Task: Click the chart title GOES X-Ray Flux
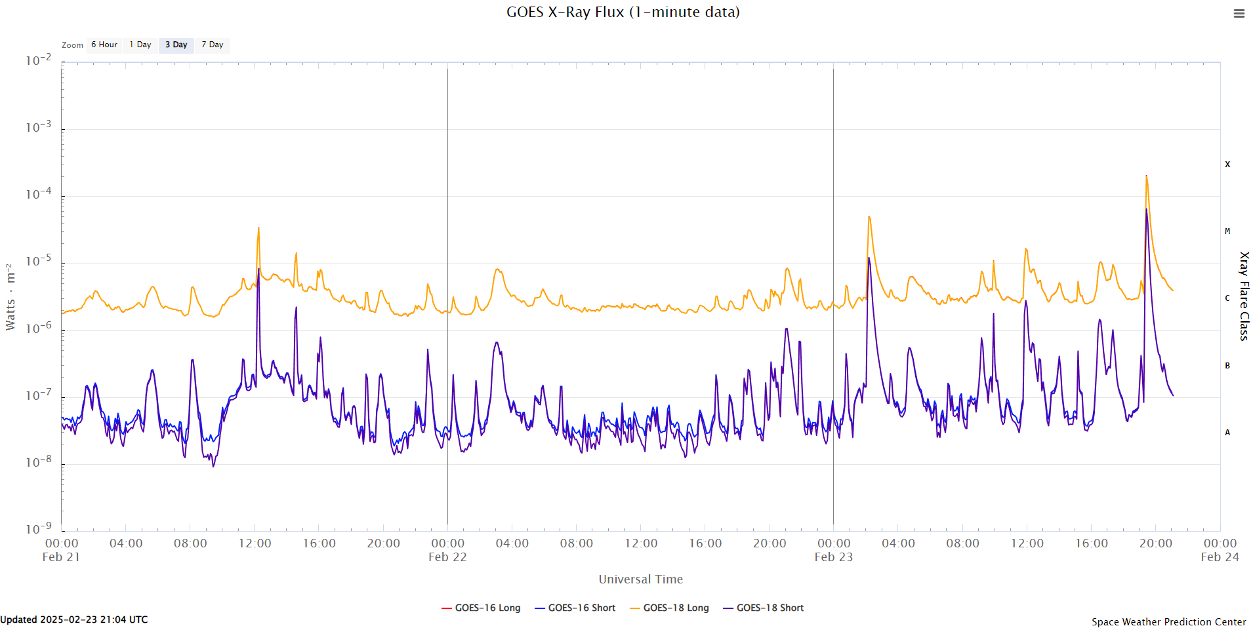pyautogui.click(x=623, y=12)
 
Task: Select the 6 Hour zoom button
pyautogui.click(x=104, y=45)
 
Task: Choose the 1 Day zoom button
pyautogui.click(x=140, y=45)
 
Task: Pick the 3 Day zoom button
pyautogui.click(x=176, y=45)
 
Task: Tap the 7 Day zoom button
pyautogui.click(x=213, y=45)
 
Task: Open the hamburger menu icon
pyautogui.click(x=1239, y=13)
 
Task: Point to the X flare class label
pyautogui.click(x=1227, y=165)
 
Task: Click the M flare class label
pyautogui.click(x=1227, y=231)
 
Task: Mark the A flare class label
pyautogui.click(x=1227, y=433)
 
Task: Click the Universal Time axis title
pyautogui.click(x=640, y=579)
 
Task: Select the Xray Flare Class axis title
pyautogui.click(x=1244, y=296)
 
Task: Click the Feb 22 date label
pyautogui.click(x=447, y=557)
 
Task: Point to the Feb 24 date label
pyautogui.click(x=1220, y=557)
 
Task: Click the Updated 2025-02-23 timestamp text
pyautogui.click(x=74, y=619)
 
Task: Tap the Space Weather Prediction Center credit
pyautogui.click(x=1168, y=621)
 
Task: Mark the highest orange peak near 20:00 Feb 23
pyautogui.click(x=1146, y=176)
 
